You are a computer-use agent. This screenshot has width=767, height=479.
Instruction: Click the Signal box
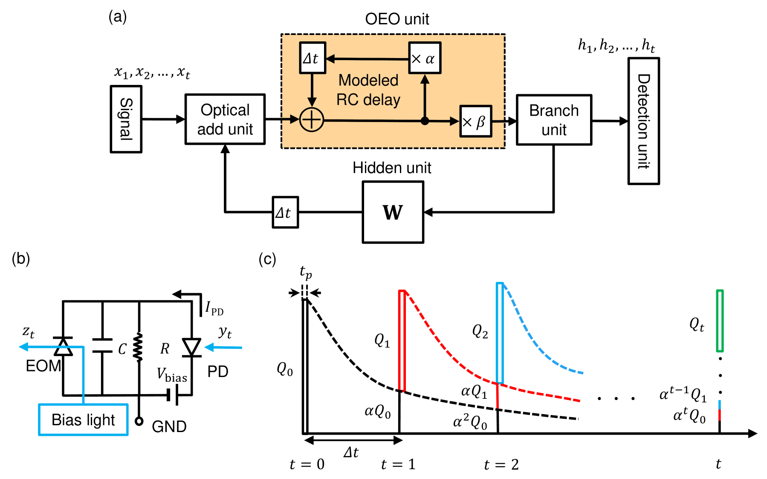click(x=126, y=119)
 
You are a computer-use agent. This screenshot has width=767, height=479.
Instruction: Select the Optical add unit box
click(x=225, y=119)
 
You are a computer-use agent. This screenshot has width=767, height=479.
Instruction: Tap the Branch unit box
click(x=553, y=119)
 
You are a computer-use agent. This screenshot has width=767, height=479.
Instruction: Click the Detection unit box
click(x=643, y=121)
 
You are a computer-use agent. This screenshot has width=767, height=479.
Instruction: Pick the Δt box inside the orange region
click(x=312, y=58)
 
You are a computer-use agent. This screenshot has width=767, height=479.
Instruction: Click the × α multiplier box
click(x=424, y=58)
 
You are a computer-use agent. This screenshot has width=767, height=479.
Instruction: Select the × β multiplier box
click(x=475, y=121)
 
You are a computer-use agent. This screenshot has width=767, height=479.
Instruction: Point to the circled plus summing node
click(x=312, y=119)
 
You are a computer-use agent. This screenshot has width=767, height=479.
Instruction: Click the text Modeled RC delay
click(x=368, y=90)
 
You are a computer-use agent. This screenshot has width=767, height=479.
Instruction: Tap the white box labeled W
click(x=393, y=212)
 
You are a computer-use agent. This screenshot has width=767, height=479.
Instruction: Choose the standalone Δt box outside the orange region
click(x=285, y=212)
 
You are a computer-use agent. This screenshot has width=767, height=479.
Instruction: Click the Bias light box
click(x=83, y=420)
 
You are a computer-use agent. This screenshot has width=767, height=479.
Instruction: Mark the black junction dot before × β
click(x=425, y=121)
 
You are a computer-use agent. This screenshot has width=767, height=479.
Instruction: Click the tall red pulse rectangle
click(x=402, y=340)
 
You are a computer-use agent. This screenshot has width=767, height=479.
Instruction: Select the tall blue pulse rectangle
click(x=500, y=333)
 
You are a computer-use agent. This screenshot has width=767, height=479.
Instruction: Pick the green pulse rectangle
click(x=720, y=321)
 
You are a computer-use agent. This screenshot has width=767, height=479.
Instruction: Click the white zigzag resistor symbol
click(x=139, y=346)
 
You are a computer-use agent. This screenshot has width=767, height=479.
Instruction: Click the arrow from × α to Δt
click(x=367, y=58)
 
